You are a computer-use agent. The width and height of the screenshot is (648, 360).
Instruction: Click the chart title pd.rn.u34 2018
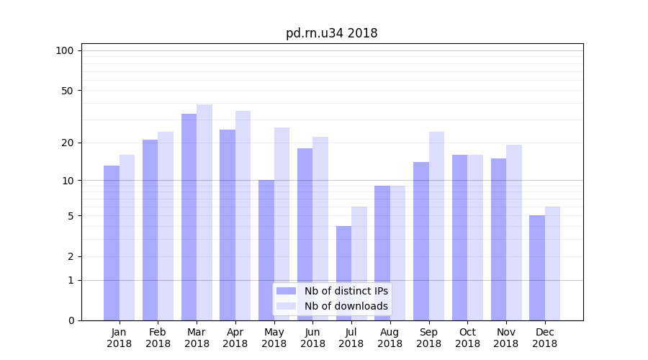(331, 33)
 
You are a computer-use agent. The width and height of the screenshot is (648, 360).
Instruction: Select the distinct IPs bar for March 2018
(189, 217)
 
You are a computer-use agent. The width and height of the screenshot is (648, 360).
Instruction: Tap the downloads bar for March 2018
(204, 212)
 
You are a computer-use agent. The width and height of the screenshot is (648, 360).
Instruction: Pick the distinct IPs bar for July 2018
(343, 273)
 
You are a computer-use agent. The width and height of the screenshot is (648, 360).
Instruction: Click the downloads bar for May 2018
(282, 224)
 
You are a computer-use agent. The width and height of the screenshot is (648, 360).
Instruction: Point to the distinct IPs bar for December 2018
(537, 268)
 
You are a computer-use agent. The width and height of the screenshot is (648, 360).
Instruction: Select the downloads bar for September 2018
(436, 226)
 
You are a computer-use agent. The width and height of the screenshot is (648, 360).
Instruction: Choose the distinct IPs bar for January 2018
(112, 243)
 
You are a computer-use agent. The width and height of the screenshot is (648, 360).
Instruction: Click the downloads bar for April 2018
(243, 215)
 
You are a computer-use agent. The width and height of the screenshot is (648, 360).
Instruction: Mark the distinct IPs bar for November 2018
(498, 239)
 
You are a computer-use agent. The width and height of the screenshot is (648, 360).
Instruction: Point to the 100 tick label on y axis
(65, 50)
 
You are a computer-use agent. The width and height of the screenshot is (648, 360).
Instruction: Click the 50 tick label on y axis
(67, 91)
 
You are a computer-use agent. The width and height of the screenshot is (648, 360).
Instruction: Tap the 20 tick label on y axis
(67, 143)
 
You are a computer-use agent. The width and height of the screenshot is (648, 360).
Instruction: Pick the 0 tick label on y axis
(71, 320)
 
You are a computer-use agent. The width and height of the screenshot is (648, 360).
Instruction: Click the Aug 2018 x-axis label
(390, 338)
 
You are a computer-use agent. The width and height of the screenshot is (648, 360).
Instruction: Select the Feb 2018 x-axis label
(158, 338)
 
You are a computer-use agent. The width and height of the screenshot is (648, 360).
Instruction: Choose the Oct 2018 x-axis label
(467, 338)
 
